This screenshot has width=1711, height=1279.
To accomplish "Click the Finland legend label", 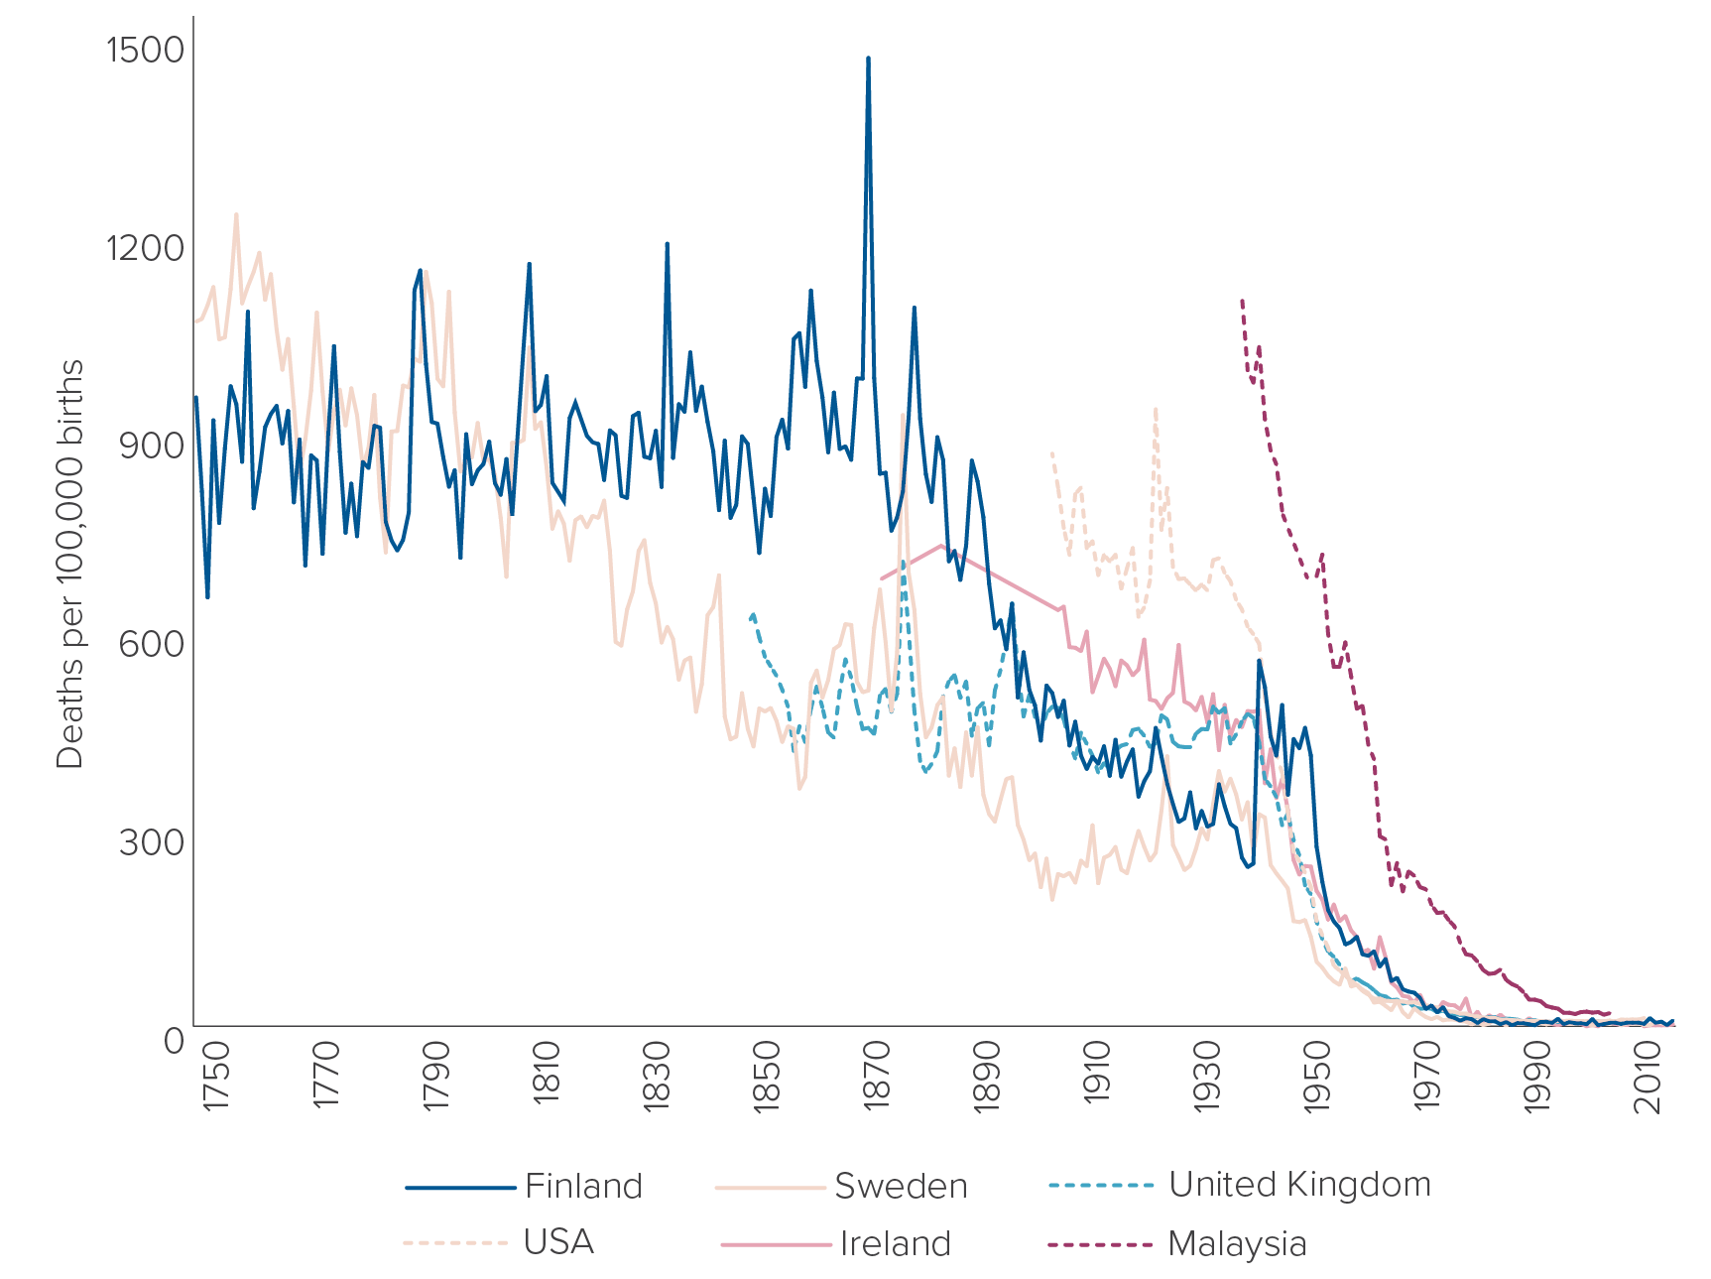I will [x=583, y=1186].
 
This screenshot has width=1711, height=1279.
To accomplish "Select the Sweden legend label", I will [x=900, y=1186].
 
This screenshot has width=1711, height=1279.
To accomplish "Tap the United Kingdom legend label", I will [x=1299, y=1185].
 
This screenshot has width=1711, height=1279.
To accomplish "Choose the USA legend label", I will [x=558, y=1242].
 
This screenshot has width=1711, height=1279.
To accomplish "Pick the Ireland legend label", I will [x=895, y=1243].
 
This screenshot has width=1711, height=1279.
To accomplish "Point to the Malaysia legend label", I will [x=1237, y=1243].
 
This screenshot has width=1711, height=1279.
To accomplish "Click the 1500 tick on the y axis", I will [x=145, y=49].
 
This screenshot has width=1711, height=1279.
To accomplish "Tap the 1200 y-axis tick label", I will [x=145, y=247].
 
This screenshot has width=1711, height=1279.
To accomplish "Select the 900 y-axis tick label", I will [x=152, y=446].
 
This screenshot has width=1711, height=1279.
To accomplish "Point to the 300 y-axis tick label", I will [x=152, y=842].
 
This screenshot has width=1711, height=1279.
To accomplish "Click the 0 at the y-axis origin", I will [x=175, y=1041].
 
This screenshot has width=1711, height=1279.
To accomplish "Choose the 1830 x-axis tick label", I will [x=657, y=1077].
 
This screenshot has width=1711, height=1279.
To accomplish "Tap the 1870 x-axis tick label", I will [x=877, y=1077].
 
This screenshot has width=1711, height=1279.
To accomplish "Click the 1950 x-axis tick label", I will [x=1317, y=1077].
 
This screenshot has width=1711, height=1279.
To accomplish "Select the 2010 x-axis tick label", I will [x=1648, y=1077].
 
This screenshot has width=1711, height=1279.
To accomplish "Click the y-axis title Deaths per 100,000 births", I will [x=70, y=565].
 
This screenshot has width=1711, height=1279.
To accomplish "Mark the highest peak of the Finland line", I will [x=868, y=59].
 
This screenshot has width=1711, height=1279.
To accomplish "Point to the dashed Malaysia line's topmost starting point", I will [x=1242, y=300].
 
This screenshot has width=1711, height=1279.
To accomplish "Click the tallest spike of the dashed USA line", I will [x=1156, y=409].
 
